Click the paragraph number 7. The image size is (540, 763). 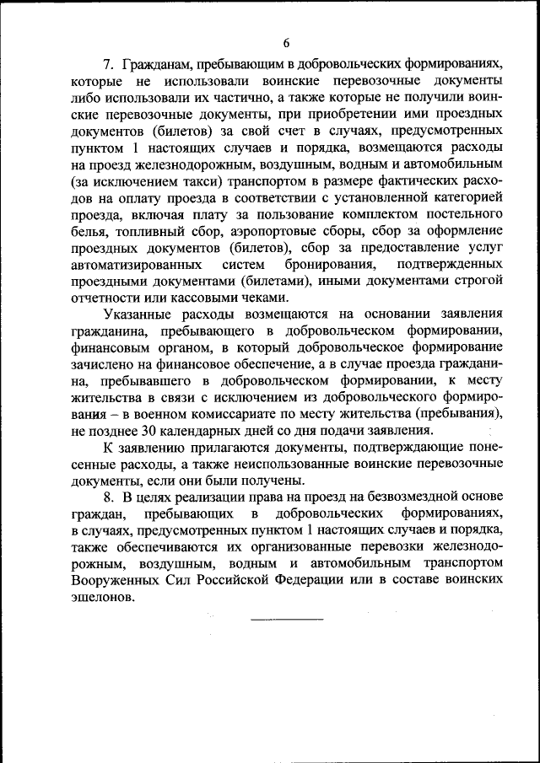coord(107,64)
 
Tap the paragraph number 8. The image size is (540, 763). coord(107,496)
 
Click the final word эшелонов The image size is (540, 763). coord(102,596)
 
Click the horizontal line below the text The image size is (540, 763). coord(287,621)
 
